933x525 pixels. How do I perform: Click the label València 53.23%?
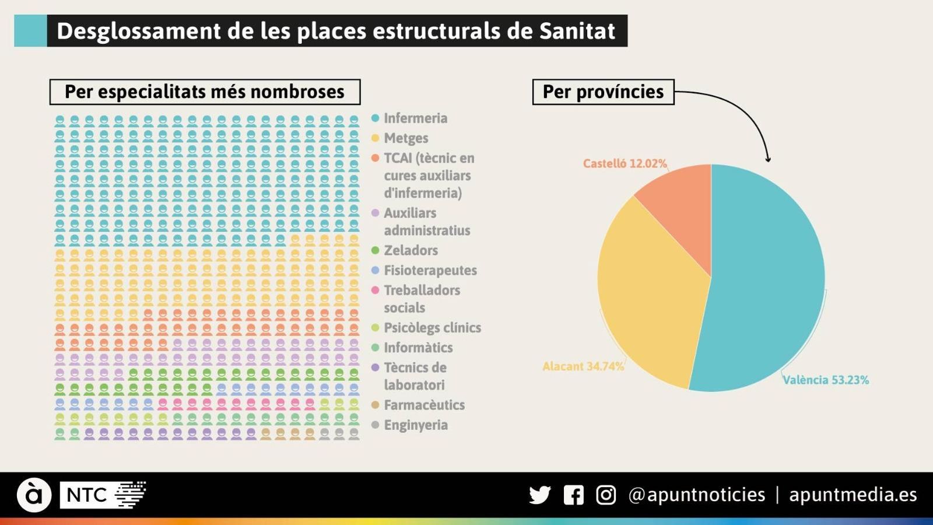[x=825, y=380]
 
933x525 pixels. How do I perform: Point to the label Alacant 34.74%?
[x=583, y=366]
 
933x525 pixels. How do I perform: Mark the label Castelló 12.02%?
[x=625, y=163]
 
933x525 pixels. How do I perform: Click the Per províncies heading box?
[x=603, y=92]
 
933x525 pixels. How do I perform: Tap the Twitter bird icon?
[x=539, y=495]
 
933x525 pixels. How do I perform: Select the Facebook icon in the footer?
[x=573, y=495]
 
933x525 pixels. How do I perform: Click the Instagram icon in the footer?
[x=606, y=495]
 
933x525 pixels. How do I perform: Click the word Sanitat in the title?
[x=577, y=31]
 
